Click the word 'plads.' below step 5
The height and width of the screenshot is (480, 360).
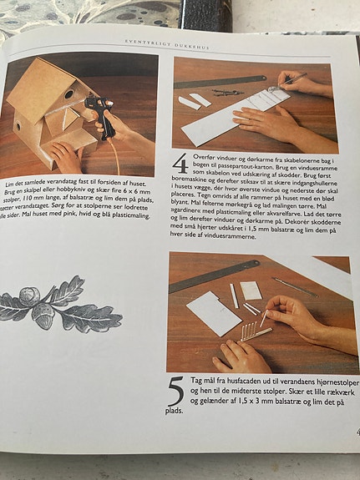point(174,411)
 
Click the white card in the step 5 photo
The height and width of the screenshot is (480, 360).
point(213,313)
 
